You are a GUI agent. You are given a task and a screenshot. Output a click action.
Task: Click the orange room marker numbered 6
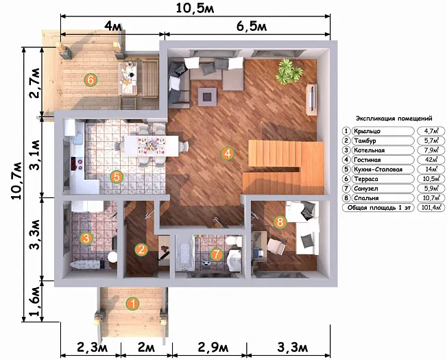point(90,80)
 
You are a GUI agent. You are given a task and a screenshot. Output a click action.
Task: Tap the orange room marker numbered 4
point(228,154)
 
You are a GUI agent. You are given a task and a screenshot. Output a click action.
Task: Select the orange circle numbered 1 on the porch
point(132,304)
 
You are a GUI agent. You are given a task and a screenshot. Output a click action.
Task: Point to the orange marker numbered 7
point(217,254)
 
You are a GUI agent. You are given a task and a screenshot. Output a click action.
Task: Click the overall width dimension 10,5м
point(195,8)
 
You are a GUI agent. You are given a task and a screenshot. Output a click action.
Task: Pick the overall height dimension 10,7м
point(16,181)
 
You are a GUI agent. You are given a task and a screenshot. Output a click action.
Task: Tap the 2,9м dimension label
point(213,348)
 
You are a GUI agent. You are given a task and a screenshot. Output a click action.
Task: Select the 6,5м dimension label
point(252,27)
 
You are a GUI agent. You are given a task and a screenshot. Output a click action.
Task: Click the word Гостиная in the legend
point(367,160)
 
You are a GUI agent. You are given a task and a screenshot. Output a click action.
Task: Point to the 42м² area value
point(431,160)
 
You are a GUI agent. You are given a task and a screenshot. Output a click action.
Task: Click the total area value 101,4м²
point(431,208)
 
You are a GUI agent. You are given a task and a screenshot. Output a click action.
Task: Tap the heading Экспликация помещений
point(394,119)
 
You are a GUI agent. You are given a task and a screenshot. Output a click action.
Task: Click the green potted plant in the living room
point(289,71)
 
